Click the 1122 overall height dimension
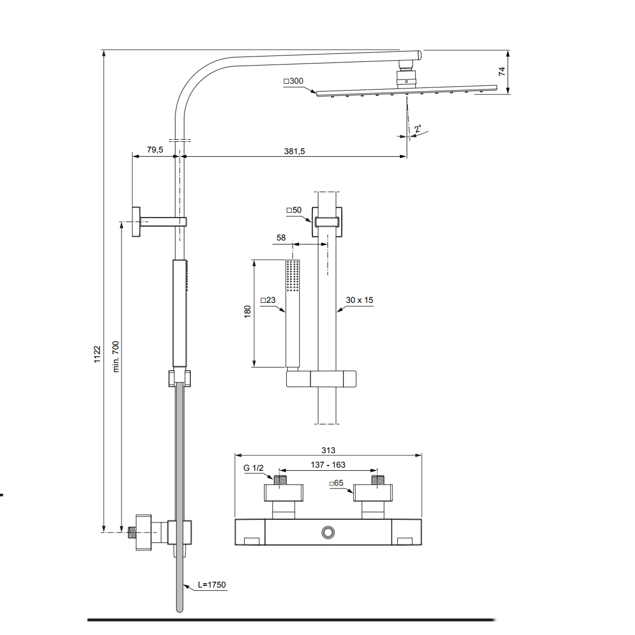coord(98,354)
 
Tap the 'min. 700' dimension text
coord(116,356)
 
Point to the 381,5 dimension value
coord(294,151)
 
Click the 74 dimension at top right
coord(502,72)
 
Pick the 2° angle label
coord(417,129)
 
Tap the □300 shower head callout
coord(293,81)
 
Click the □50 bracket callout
coord(294,210)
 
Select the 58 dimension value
coord(281,237)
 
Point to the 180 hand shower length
coord(247,312)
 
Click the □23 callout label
coord(268,300)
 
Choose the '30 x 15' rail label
coord(359,300)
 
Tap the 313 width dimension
coord(328,450)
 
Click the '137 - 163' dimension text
coord(328,464)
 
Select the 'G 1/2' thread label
coord(253,468)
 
